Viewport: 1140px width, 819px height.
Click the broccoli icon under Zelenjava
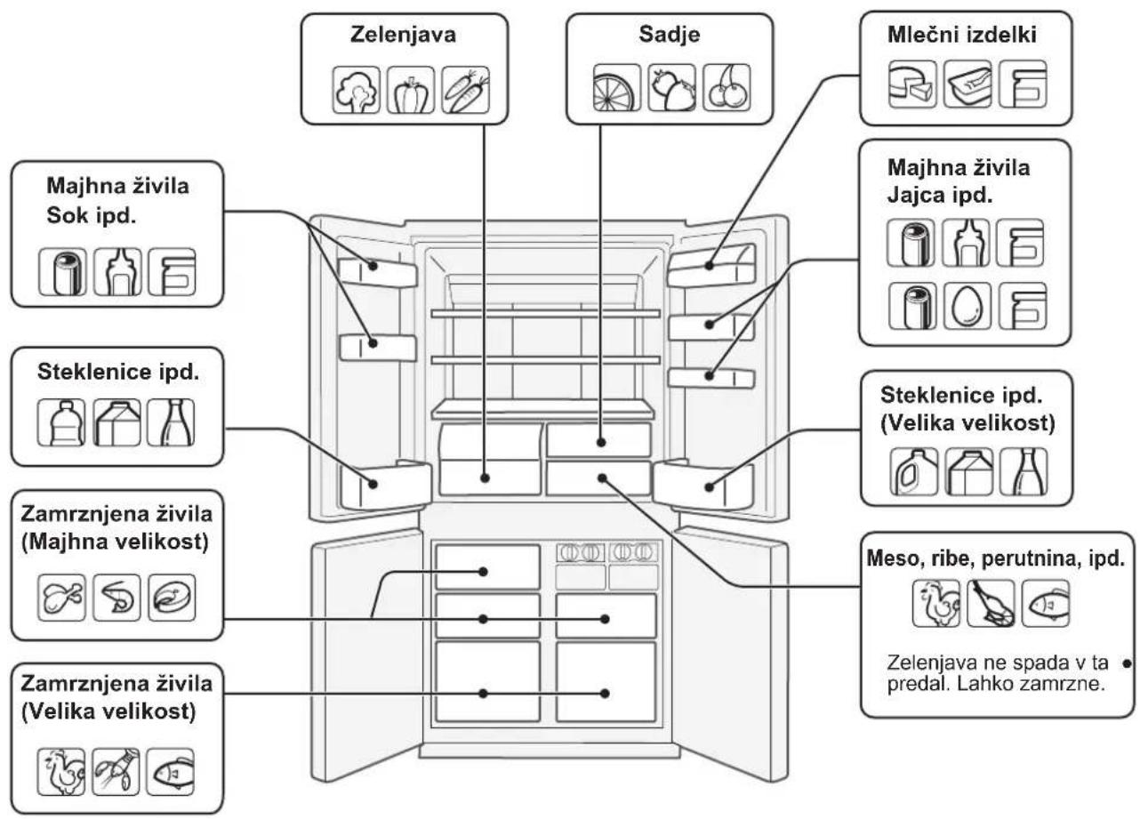(357, 90)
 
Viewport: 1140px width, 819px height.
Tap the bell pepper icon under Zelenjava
(411, 90)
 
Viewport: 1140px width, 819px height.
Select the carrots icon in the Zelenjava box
(465, 90)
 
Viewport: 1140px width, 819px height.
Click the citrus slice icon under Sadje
(617, 87)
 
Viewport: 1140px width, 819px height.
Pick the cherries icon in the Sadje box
(727, 87)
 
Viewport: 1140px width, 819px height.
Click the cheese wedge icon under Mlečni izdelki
(912, 84)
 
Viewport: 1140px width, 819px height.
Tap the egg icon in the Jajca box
(967, 306)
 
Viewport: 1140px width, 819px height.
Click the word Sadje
(670, 34)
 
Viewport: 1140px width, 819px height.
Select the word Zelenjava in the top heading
(403, 35)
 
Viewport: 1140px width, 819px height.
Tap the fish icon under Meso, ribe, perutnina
(1046, 603)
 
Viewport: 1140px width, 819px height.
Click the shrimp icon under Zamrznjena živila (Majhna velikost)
(116, 598)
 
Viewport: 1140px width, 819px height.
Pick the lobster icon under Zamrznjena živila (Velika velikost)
(116, 772)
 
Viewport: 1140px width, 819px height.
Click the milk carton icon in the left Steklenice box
(116, 422)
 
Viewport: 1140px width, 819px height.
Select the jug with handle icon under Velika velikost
(914, 472)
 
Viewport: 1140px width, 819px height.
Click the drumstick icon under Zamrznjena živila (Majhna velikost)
(61, 598)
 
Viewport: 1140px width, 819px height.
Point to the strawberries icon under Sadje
(671, 87)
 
